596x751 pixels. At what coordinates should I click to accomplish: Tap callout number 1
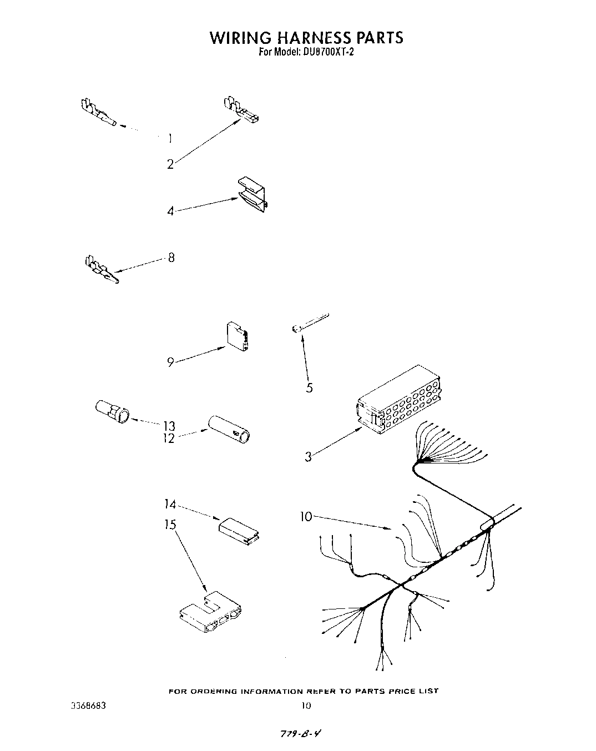click(170, 139)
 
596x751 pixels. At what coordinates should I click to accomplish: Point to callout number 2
click(170, 164)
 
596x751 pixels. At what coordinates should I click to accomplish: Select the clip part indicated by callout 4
click(253, 195)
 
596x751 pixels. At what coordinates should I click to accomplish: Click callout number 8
click(171, 258)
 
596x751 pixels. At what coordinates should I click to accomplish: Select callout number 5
click(309, 388)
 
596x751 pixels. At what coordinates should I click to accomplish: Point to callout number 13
click(169, 426)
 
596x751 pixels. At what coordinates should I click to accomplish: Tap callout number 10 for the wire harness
click(306, 517)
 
